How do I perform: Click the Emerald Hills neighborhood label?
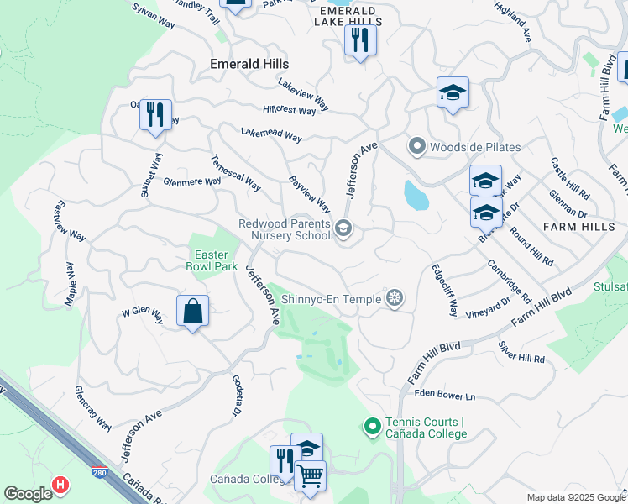[249, 64]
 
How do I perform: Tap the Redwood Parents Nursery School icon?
[343, 228]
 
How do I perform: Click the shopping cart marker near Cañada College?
[311, 476]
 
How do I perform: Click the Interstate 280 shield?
[100, 475]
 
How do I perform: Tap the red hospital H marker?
[60, 485]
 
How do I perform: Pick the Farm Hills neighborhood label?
[578, 227]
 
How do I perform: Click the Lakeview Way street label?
[303, 95]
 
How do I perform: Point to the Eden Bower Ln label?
[444, 396]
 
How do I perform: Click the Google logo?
[28, 494]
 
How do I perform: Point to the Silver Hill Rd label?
[521, 352]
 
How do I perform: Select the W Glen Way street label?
[142, 312]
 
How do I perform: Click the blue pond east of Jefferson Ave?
[416, 195]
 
